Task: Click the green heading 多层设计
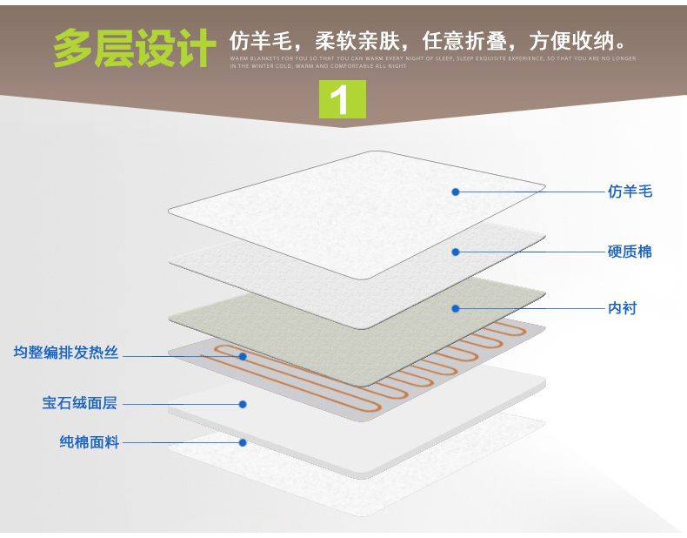[133, 49]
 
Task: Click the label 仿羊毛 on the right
[629, 192]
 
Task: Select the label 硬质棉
[629, 252]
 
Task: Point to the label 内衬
[622, 308]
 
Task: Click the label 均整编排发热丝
[66, 353]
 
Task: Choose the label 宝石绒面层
[79, 403]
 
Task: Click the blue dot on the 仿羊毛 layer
[455, 192]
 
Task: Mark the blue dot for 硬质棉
[455, 252]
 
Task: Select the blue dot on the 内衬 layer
[455, 308]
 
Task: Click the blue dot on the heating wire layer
[243, 356]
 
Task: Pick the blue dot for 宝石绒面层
[243, 404]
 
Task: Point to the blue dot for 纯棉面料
[243, 442]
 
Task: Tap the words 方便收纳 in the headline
[575, 41]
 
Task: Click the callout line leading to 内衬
[530, 308]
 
